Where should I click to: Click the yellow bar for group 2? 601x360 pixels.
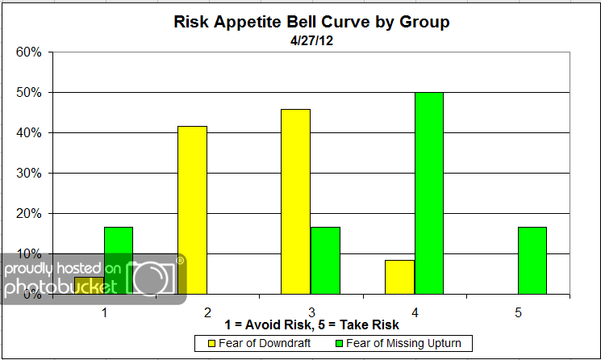192,210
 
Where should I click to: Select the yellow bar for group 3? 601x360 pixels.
295,202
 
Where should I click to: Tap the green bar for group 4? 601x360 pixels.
428,193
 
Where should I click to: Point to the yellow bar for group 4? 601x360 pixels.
399,276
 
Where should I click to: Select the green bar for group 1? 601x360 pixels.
118,242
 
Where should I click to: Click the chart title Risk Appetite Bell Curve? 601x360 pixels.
311,22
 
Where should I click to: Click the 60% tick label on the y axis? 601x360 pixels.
28,52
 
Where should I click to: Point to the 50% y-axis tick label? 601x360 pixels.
28,93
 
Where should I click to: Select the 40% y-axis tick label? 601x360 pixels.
28,133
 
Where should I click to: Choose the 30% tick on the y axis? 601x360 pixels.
28,174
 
